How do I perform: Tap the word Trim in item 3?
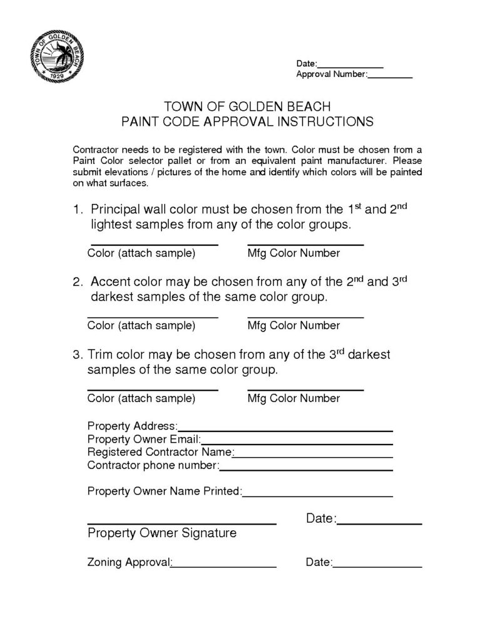pyautogui.click(x=100, y=354)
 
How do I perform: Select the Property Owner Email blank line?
pyautogui.click(x=295, y=443)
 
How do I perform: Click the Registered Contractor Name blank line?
pyautogui.click(x=313, y=456)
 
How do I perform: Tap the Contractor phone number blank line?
pyautogui.click(x=305, y=469)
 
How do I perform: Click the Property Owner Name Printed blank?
pyautogui.click(x=317, y=496)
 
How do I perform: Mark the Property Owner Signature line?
pyautogui.click(x=181, y=523)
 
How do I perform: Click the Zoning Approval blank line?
pyautogui.click(x=224, y=567)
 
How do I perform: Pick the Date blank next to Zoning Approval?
pyautogui.click(x=377, y=567)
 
